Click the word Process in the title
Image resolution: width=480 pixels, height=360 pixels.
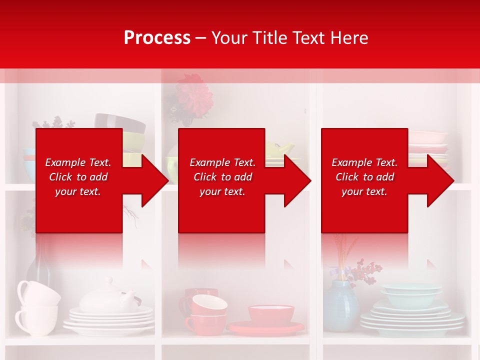[157, 37]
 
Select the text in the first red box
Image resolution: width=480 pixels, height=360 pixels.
[78, 177]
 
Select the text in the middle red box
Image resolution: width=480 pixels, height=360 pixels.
[222, 177]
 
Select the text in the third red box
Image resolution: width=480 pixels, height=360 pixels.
[364, 177]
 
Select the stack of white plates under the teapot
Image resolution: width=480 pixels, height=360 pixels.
[109, 320]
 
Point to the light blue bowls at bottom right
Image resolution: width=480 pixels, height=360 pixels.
[411, 295]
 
